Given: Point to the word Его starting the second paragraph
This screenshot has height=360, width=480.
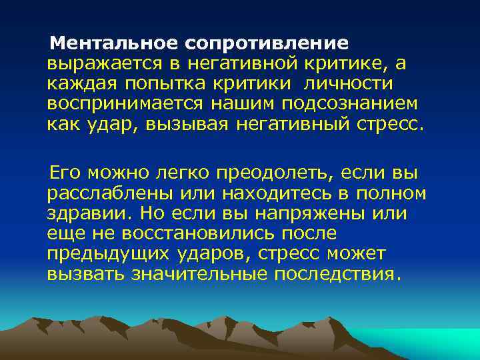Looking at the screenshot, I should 65,173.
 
